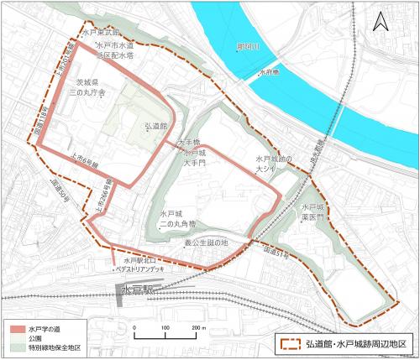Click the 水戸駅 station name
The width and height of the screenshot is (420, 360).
coord(137,290)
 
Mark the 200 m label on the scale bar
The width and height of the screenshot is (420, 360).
coord(198,327)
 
